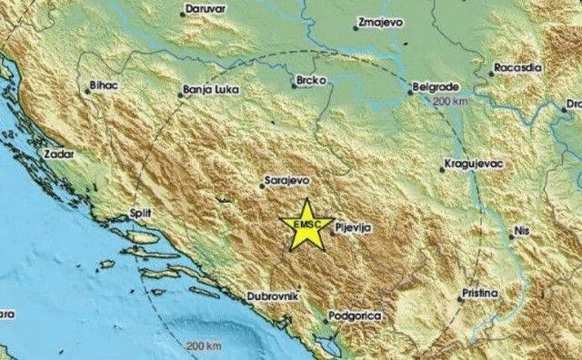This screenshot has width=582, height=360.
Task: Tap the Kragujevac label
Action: (x=474, y=165)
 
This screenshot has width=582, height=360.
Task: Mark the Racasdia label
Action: (x=517, y=69)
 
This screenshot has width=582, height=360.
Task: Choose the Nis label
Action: (x=521, y=232)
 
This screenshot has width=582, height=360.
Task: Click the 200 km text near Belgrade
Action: (x=450, y=100)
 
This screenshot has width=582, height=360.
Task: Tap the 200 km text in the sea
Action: (x=203, y=346)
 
